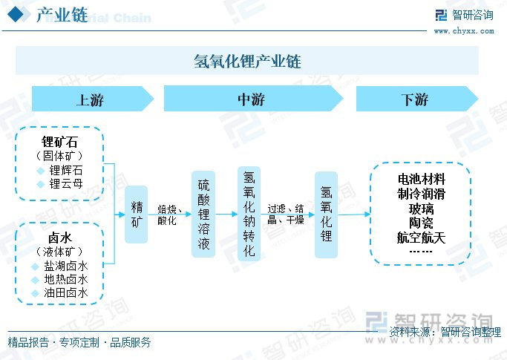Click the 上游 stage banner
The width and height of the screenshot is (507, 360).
pyautogui.click(x=91, y=99)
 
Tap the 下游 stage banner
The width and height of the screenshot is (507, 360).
pyautogui.click(x=414, y=99)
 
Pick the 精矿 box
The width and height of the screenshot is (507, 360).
pyautogui.click(x=137, y=214)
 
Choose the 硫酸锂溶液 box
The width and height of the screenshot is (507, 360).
pyautogui.click(x=204, y=214)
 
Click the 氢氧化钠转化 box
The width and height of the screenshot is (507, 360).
pyautogui.click(x=249, y=214)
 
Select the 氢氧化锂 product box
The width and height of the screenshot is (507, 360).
pyautogui.click(x=326, y=215)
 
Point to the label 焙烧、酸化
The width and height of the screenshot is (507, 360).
pyautogui.click(x=170, y=215)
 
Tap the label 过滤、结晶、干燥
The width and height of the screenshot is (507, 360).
pyautogui.click(x=286, y=215)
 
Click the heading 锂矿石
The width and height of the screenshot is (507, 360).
pyautogui.click(x=60, y=141)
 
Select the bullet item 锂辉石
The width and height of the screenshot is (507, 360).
pyautogui.click(x=66, y=171)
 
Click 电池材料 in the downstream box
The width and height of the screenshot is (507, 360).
pyautogui.click(x=422, y=179)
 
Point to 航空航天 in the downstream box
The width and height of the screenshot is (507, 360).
pyautogui.click(x=422, y=238)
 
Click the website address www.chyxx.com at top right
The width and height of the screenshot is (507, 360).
pyautogui.click(x=463, y=31)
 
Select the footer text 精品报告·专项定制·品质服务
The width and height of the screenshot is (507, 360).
pyautogui.click(x=79, y=342)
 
